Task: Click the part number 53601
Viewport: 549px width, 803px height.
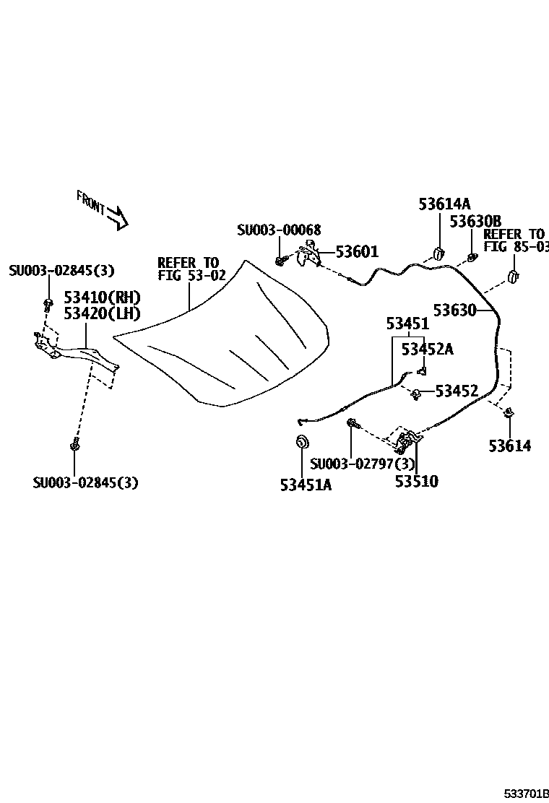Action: (x=357, y=252)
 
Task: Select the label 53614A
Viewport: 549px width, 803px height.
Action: (x=444, y=204)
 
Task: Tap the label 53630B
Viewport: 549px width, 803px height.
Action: (x=475, y=221)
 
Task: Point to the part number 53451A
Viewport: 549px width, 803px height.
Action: (x=306, y=485)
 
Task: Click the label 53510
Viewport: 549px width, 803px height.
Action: (x=416, y=481)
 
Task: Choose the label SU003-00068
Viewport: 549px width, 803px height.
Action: (x=279, y=230)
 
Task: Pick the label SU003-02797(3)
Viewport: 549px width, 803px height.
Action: (x=363, y=464)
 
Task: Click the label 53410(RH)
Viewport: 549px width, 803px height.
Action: (x=102, y=298)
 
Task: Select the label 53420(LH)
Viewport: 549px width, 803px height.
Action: (x=102, y=313)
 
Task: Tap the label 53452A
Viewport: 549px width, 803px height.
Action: (x=427, y=350)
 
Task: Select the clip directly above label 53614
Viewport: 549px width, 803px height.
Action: (x=509, y=413)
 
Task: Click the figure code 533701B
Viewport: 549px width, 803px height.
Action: (x=527, y=792)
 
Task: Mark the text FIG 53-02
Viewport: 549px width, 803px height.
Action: (x=191, y=275)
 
